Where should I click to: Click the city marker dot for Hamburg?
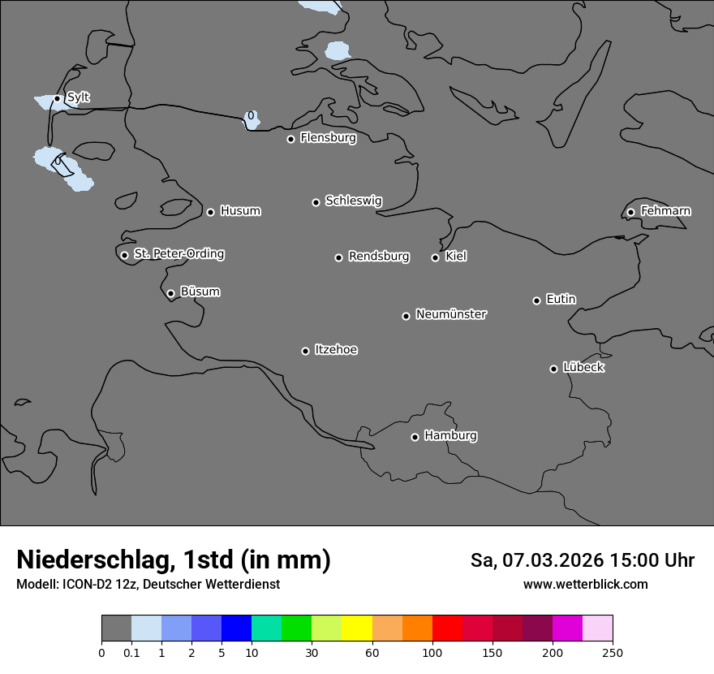[415, 437]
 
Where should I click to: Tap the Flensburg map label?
[328, 138]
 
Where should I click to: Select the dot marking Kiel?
[435, 257]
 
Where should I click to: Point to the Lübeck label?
[583, 368]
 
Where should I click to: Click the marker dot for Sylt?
[57, 99]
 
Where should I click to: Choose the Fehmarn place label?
[665, 211]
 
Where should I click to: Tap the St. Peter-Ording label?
[178, 254]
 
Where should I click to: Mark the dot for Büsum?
[170, 294]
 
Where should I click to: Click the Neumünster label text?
[451, 314]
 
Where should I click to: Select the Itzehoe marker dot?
[305, 351]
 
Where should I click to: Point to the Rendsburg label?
[379, 257]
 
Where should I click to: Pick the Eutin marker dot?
[536, 300]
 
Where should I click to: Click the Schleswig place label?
[353, 201]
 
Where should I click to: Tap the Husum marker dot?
[210, 212]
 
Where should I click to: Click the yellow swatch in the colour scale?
[357, 629]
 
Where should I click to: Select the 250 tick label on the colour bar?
[613, 652]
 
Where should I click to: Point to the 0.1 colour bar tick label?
[131, 652]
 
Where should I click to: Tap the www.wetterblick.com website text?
[585, 585]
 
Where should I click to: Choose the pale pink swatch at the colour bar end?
[597, 629]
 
